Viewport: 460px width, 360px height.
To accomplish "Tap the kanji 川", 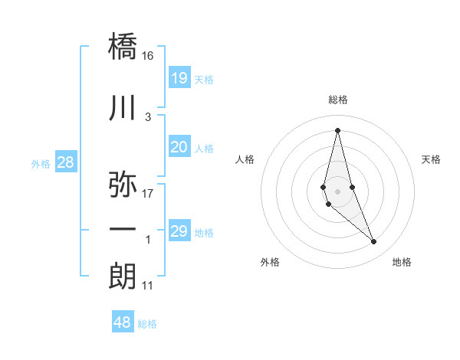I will tap(123, 109).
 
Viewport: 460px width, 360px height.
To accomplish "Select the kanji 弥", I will tap(123, 185).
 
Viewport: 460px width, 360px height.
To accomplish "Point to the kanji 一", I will tap(123, 230).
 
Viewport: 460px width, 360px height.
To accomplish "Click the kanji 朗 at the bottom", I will tap(123, 276).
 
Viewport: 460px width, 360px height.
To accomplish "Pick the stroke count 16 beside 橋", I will tap(148, 56).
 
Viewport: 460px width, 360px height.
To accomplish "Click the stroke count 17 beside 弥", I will tap(148, 194).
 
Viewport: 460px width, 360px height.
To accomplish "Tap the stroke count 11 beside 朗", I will tap(148, 286).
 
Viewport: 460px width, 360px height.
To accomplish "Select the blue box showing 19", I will tap(179, 77).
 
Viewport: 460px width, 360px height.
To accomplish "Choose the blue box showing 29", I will tap(179, 231).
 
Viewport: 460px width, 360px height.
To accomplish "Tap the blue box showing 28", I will tap(65, 162).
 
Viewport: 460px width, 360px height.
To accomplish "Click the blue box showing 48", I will tap(123, 322).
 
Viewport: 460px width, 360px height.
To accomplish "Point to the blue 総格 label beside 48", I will tap(148, 324).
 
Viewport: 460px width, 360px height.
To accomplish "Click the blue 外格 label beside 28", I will tap(41, 163).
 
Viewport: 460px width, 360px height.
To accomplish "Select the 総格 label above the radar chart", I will tap(338, 100).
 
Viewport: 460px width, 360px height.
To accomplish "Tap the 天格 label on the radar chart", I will tap(431, 159).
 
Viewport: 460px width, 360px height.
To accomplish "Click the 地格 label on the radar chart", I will tap(402, 263).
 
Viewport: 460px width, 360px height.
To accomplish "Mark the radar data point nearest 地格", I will tap(374, 241).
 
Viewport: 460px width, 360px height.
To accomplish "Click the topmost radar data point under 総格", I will tap(338, 129).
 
